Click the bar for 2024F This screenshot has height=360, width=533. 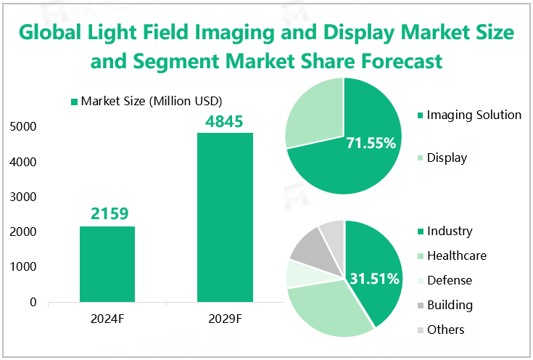tap(107, 264)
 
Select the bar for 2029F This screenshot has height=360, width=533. tap(225, 217)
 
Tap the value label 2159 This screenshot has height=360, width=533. tap(107, 214)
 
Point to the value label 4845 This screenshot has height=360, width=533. tap(225, 120)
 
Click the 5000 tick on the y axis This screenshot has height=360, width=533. tap(24, 127)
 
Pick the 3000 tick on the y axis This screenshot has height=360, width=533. tap(24, 197)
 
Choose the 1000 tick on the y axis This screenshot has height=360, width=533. tap(24, 267)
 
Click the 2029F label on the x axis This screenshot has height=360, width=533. tap(225, 318)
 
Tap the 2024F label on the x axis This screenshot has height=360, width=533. tap(107, 318)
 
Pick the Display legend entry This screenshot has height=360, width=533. tap(447, 157)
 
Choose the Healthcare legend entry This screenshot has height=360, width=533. tap(456, 255)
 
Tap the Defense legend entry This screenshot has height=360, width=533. tap(449, 280)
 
